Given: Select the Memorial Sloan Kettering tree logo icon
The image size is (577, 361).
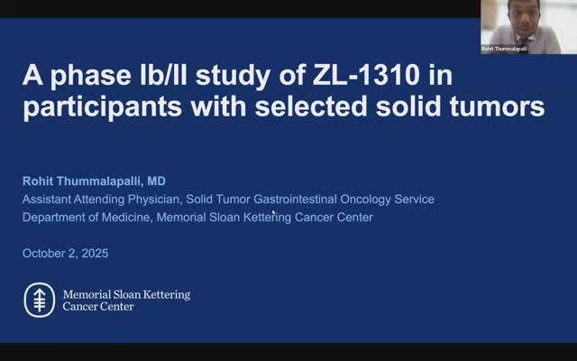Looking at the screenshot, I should (x=38, y=300).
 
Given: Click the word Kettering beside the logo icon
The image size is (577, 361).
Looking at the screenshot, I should (x=164, y=294).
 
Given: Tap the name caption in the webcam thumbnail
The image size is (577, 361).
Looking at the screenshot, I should (x=503, y=49).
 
